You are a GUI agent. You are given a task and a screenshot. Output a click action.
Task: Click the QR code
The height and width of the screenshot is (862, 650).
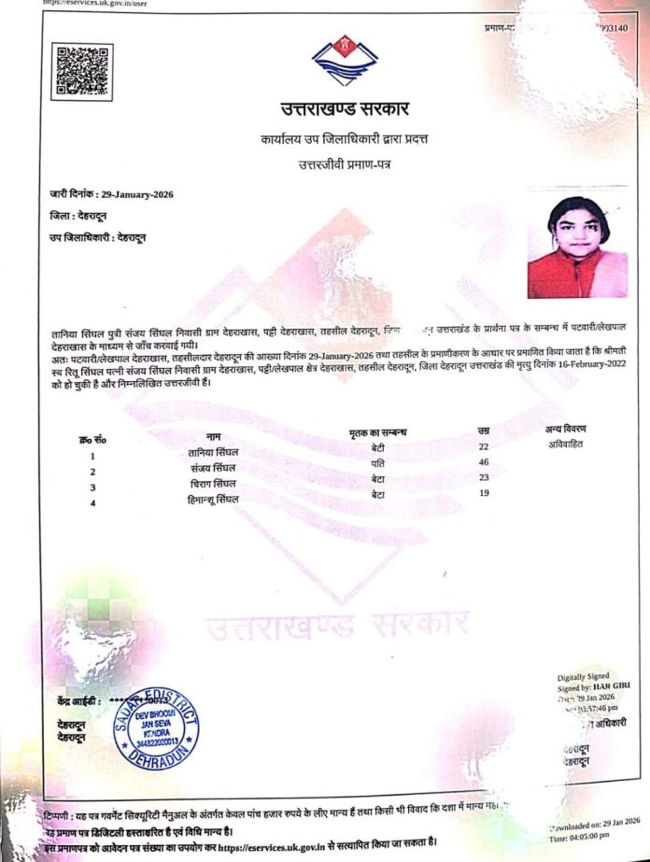81,71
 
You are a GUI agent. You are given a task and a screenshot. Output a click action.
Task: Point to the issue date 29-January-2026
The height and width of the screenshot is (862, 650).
137,194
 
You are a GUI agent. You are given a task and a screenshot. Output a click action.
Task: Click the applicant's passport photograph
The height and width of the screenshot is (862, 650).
577,247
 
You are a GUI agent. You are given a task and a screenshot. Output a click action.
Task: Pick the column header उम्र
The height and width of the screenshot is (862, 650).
484,430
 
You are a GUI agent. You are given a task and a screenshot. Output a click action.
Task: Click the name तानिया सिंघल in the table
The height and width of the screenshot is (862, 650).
213,453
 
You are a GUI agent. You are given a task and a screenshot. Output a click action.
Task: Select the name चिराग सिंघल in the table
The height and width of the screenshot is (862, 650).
212,484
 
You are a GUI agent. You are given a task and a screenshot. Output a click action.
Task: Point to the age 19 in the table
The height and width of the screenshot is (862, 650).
484,492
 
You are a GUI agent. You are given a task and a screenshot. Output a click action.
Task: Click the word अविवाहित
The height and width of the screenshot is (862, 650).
565,444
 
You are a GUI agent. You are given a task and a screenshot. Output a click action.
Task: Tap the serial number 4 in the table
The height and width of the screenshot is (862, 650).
92,503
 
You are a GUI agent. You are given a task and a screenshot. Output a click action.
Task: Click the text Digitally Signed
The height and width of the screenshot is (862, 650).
585,676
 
